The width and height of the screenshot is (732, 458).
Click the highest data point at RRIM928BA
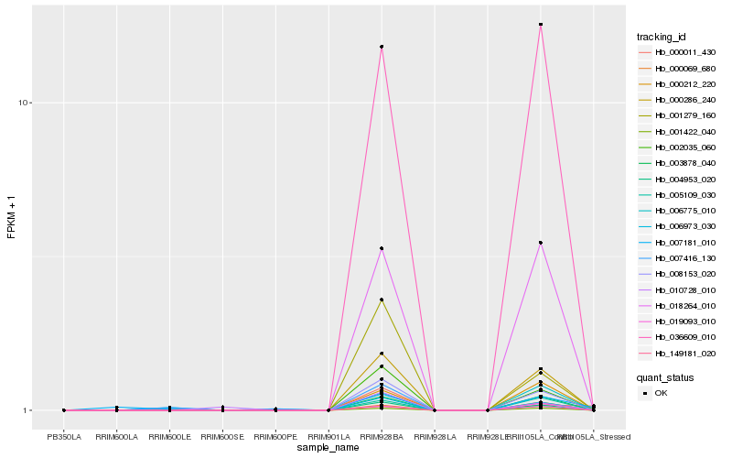point(382,47)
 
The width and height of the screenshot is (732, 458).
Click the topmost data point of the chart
point(541,25)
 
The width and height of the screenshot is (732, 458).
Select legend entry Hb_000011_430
point(684,52)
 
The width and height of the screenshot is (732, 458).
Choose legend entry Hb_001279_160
point(684,115)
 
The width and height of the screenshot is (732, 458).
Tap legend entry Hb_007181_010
point(684,242)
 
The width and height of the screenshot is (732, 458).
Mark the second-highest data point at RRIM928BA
point(382,248)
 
